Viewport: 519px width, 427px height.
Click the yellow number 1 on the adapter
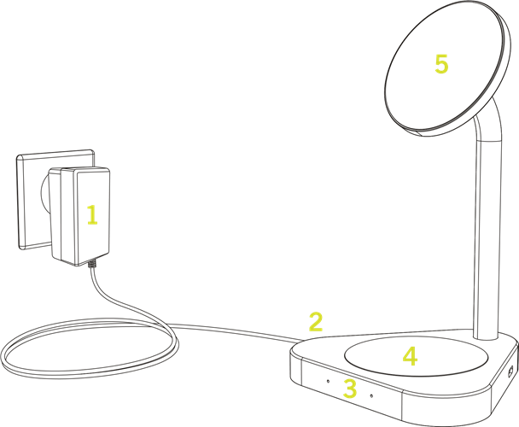(x=93, y=214)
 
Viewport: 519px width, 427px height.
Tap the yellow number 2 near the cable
(x=316, y=321)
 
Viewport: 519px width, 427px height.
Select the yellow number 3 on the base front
(x=350, y=389)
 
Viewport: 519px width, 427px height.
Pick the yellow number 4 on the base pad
(x=410, y=356)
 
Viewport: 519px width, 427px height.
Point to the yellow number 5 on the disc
(x=441, y=64)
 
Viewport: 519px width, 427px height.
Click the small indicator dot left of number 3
(x=328, y=381)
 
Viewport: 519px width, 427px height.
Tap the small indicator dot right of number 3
(x=371, y=395)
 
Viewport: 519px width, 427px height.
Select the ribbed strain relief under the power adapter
(x=91, y=264)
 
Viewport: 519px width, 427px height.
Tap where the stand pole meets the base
(x=486, y=337)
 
